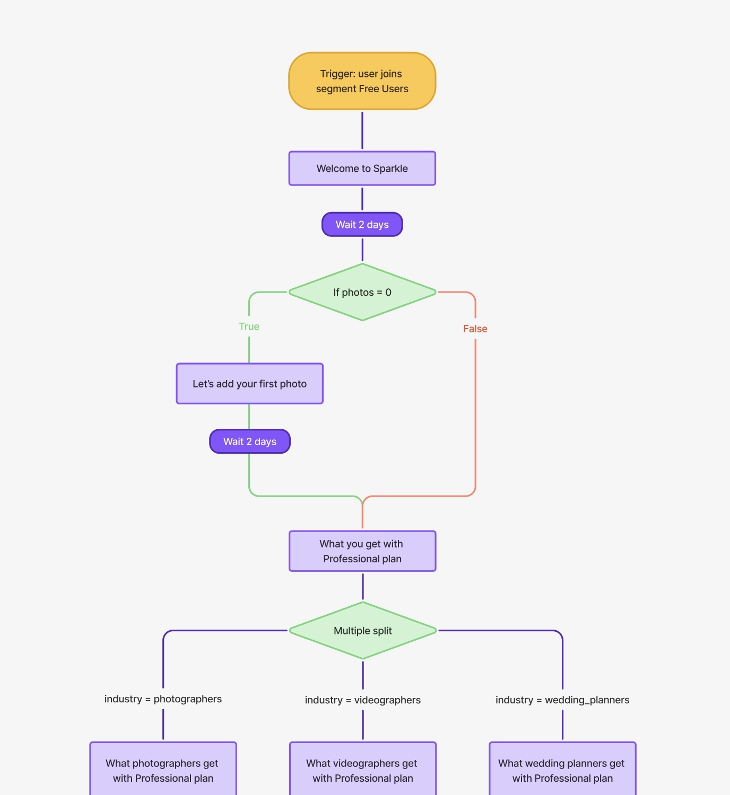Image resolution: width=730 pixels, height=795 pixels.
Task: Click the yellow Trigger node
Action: click(x=362, y=81)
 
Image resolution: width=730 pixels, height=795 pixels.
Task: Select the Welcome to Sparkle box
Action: click(x=362, y=169)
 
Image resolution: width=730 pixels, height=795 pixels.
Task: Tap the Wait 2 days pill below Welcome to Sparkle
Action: click(x=362, y=225)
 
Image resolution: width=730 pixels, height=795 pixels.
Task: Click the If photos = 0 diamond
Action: click(x=362, y=292)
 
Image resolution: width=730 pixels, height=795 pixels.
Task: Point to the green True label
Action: click(x=249, y=326)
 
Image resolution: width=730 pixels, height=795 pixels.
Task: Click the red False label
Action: click(x=475, y=329)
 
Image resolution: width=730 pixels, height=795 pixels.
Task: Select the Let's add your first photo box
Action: click(x=249, y=384)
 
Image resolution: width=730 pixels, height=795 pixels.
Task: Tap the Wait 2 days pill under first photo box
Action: click(x=249, y=441)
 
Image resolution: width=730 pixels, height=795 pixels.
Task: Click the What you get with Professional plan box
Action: click(x=362, y=551)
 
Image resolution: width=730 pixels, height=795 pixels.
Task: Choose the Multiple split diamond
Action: click(x=362, y=631)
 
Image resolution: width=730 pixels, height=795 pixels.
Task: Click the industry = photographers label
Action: click(x=163, y=699)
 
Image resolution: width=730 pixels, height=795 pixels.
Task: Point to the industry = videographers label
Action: click(x=362, y=700)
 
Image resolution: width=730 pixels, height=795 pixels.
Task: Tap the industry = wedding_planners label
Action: click(x=562, y=700)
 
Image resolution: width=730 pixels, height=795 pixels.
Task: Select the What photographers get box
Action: click(x=163, y=770)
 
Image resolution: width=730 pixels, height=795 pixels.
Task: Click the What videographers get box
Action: click(x=362, y=770)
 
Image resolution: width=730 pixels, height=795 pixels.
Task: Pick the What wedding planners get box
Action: click(x=562, y=770)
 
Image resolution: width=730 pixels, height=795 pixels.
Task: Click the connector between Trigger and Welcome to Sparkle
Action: click(x=362, y=130)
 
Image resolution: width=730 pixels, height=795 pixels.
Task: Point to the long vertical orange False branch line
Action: click(x=475, y=413)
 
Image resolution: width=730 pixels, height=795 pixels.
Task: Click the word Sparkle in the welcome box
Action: click(x=390, y=169)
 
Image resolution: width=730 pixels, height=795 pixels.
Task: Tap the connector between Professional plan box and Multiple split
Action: click(x=363, y=587)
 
